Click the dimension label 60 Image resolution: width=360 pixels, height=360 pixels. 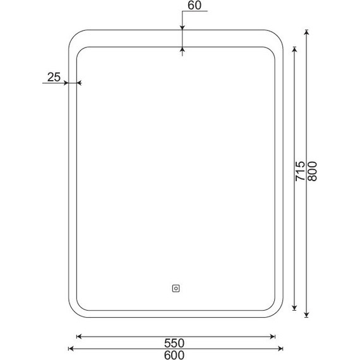pyautogui.click(x=195, y=5)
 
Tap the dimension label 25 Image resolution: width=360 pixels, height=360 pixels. pyautogui.click(x=54, y=77)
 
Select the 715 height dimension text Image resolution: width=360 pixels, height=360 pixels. pyautogui.click(x=300, y=171)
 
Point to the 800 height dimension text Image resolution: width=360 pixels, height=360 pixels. pyautogui.click(x=312, y=171)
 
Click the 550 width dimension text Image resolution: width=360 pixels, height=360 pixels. pyautogui.click(x=174, y=343)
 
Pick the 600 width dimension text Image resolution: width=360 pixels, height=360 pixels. pyautogui.click(x=174, y=355)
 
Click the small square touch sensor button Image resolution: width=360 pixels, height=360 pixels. pyautogui.click(x=176, y=289)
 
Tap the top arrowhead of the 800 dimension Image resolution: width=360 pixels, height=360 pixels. pyautogui.click(x=306, y=32)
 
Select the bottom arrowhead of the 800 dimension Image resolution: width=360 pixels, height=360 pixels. pyautogui.click(x=306, y=315)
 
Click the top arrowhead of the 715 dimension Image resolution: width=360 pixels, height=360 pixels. pyautogui.click(x=294, y=50)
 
